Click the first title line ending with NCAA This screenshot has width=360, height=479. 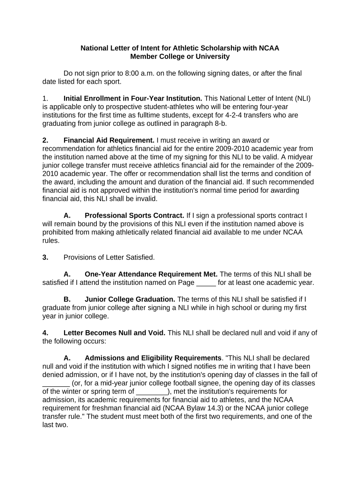[x=180, y=48]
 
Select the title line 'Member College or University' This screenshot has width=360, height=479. [x=180, y=57]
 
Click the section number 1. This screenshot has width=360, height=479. [x=45, y=98]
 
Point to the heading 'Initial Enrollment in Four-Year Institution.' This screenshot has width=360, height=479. [x=133, y=98]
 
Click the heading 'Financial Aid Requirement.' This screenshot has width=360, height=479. [x=109, y=140]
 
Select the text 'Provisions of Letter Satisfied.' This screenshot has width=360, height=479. [x=109, y=257]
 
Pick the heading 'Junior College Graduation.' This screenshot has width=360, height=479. [x=130, y=299]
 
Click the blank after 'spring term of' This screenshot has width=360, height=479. [x=151, y=392]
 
